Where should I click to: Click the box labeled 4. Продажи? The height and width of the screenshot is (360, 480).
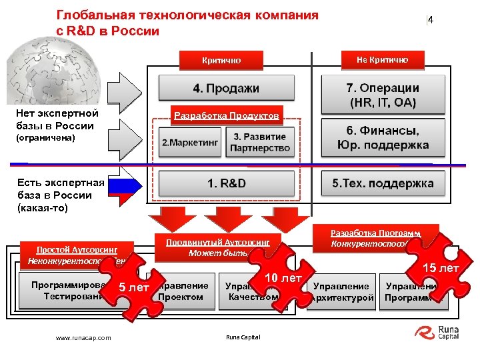tap(226, 88)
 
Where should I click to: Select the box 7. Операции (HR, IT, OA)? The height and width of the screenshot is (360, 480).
tap(382, 95)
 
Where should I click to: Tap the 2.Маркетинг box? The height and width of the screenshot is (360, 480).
tap(190, 142)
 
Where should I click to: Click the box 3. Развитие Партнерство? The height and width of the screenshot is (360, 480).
tap(260, 142)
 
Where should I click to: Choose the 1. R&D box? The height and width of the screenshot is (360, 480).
tap(226, 183)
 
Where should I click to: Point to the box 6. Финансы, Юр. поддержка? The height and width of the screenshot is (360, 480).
tap(382, 138)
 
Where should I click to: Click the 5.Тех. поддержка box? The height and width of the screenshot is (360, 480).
tap(382, 183)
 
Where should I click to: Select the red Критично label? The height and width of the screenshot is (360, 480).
tap(221, 60)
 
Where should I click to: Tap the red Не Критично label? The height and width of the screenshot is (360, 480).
tap(382, 59)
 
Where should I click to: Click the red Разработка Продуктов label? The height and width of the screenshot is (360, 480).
tap(226, 115)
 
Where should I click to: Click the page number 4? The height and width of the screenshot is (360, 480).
tap(431, 20)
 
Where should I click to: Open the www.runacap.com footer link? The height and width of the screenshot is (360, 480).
tap(83, 338)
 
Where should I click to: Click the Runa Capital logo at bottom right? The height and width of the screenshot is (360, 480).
tap(437, 332)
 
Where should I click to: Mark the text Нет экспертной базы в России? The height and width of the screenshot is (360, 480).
tap(57, 120)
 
